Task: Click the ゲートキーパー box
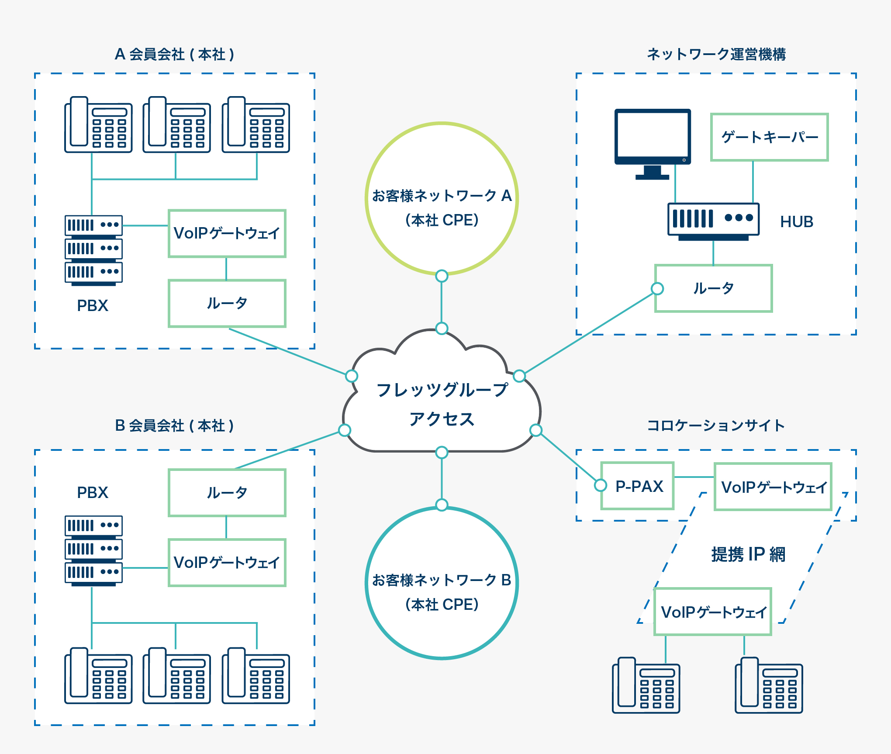769,137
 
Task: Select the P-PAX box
638,486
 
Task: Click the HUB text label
797,222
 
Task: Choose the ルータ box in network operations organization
714,288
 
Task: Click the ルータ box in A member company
227,303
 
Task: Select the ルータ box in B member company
227,493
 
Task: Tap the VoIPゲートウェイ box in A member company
227,233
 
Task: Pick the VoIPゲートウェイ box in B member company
227,563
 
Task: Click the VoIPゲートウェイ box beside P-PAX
773,487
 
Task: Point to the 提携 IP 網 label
748,554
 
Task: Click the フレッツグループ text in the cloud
442,390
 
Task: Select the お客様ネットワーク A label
442,196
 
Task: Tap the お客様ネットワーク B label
442,580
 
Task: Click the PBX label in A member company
93,305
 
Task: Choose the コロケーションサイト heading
715,425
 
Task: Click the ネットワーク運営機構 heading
716,54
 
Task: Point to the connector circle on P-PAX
601,485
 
